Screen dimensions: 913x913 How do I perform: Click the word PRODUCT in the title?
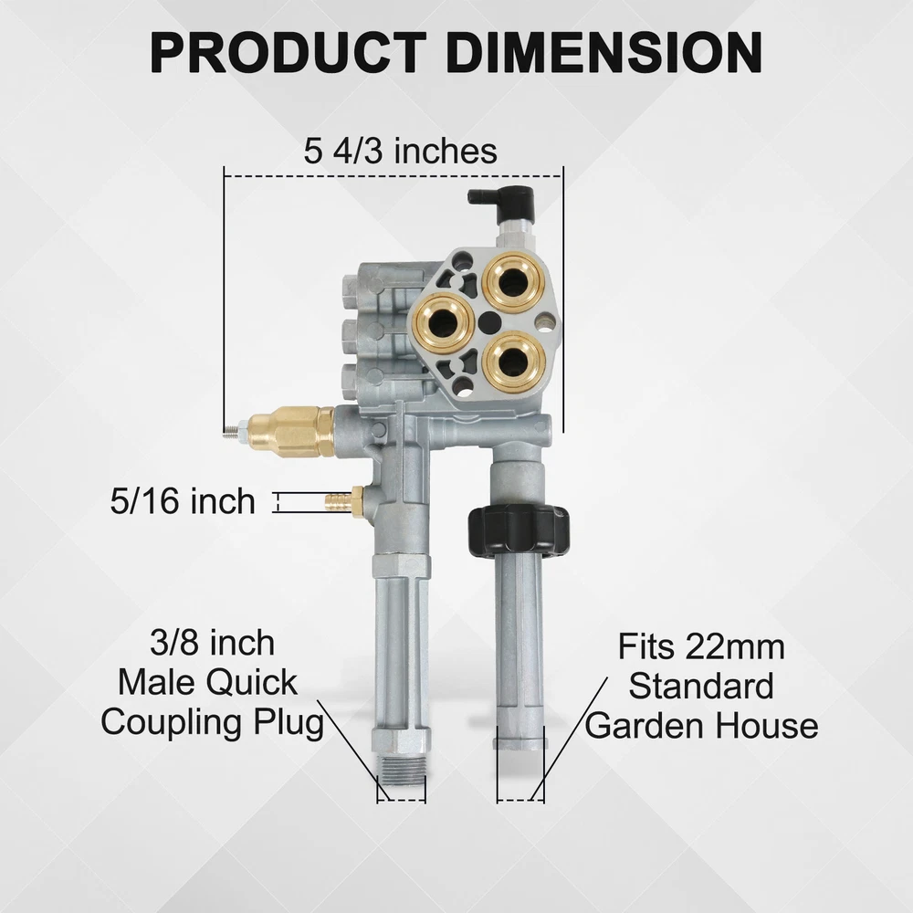pos(288,52)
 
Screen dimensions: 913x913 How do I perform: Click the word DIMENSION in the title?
pos(604,52)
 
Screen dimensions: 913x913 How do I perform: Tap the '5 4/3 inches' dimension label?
pos(400,151)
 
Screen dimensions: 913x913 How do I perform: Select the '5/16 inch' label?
pos(183,501)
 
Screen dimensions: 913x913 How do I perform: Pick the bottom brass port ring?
pos(513,362)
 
